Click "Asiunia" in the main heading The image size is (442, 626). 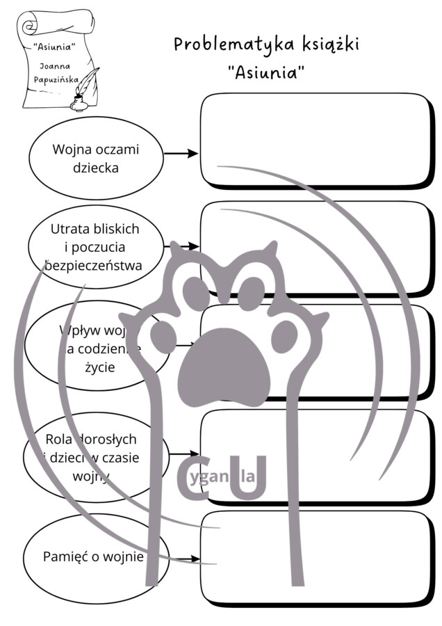[x=267, y=72]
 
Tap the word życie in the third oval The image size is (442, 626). [x=97, y=365]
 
